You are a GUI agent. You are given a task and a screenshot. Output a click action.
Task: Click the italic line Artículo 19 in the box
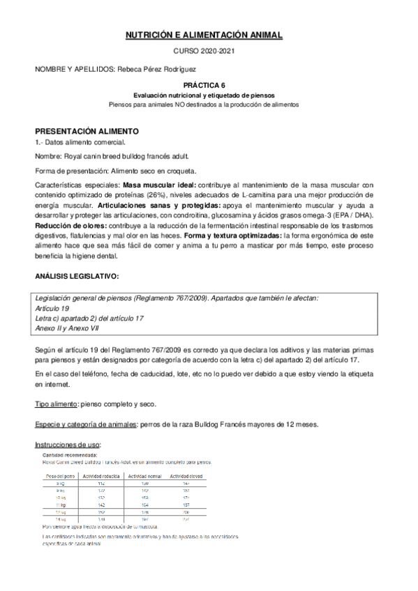click(x=52, y=308)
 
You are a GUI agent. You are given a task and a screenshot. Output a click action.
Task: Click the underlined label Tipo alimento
click(x=56, y=404)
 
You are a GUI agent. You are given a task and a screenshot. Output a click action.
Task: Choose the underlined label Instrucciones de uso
click(x=68, y=444)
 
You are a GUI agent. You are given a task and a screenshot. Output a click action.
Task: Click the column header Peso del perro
click(x=59, y=476)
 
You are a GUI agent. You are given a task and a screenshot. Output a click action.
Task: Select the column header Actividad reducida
click(x=103, y=476)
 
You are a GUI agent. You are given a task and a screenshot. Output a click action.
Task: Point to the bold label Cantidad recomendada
click(x=70, y=455)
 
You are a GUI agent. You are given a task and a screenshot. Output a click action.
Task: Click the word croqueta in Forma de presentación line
click(x=181, y=171)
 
